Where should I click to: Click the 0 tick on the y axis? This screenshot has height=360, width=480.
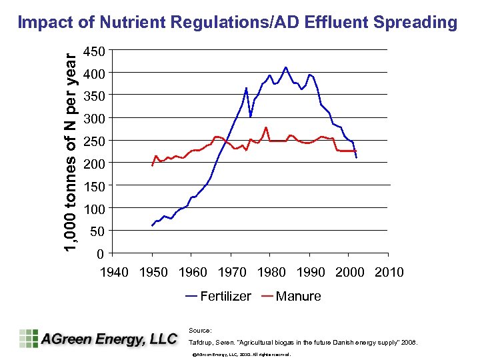coord(99,254)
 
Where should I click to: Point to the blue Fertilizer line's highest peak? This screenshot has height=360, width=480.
coord(285,67)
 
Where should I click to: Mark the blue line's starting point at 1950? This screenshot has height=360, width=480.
coord(152,226)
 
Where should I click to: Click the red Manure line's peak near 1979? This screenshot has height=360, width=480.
coord(266,127)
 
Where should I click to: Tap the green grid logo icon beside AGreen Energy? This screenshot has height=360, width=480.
coord(29,338)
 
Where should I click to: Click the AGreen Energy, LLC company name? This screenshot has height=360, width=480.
coord(109,339)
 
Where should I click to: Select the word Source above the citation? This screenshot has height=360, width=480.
coord(201,330)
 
